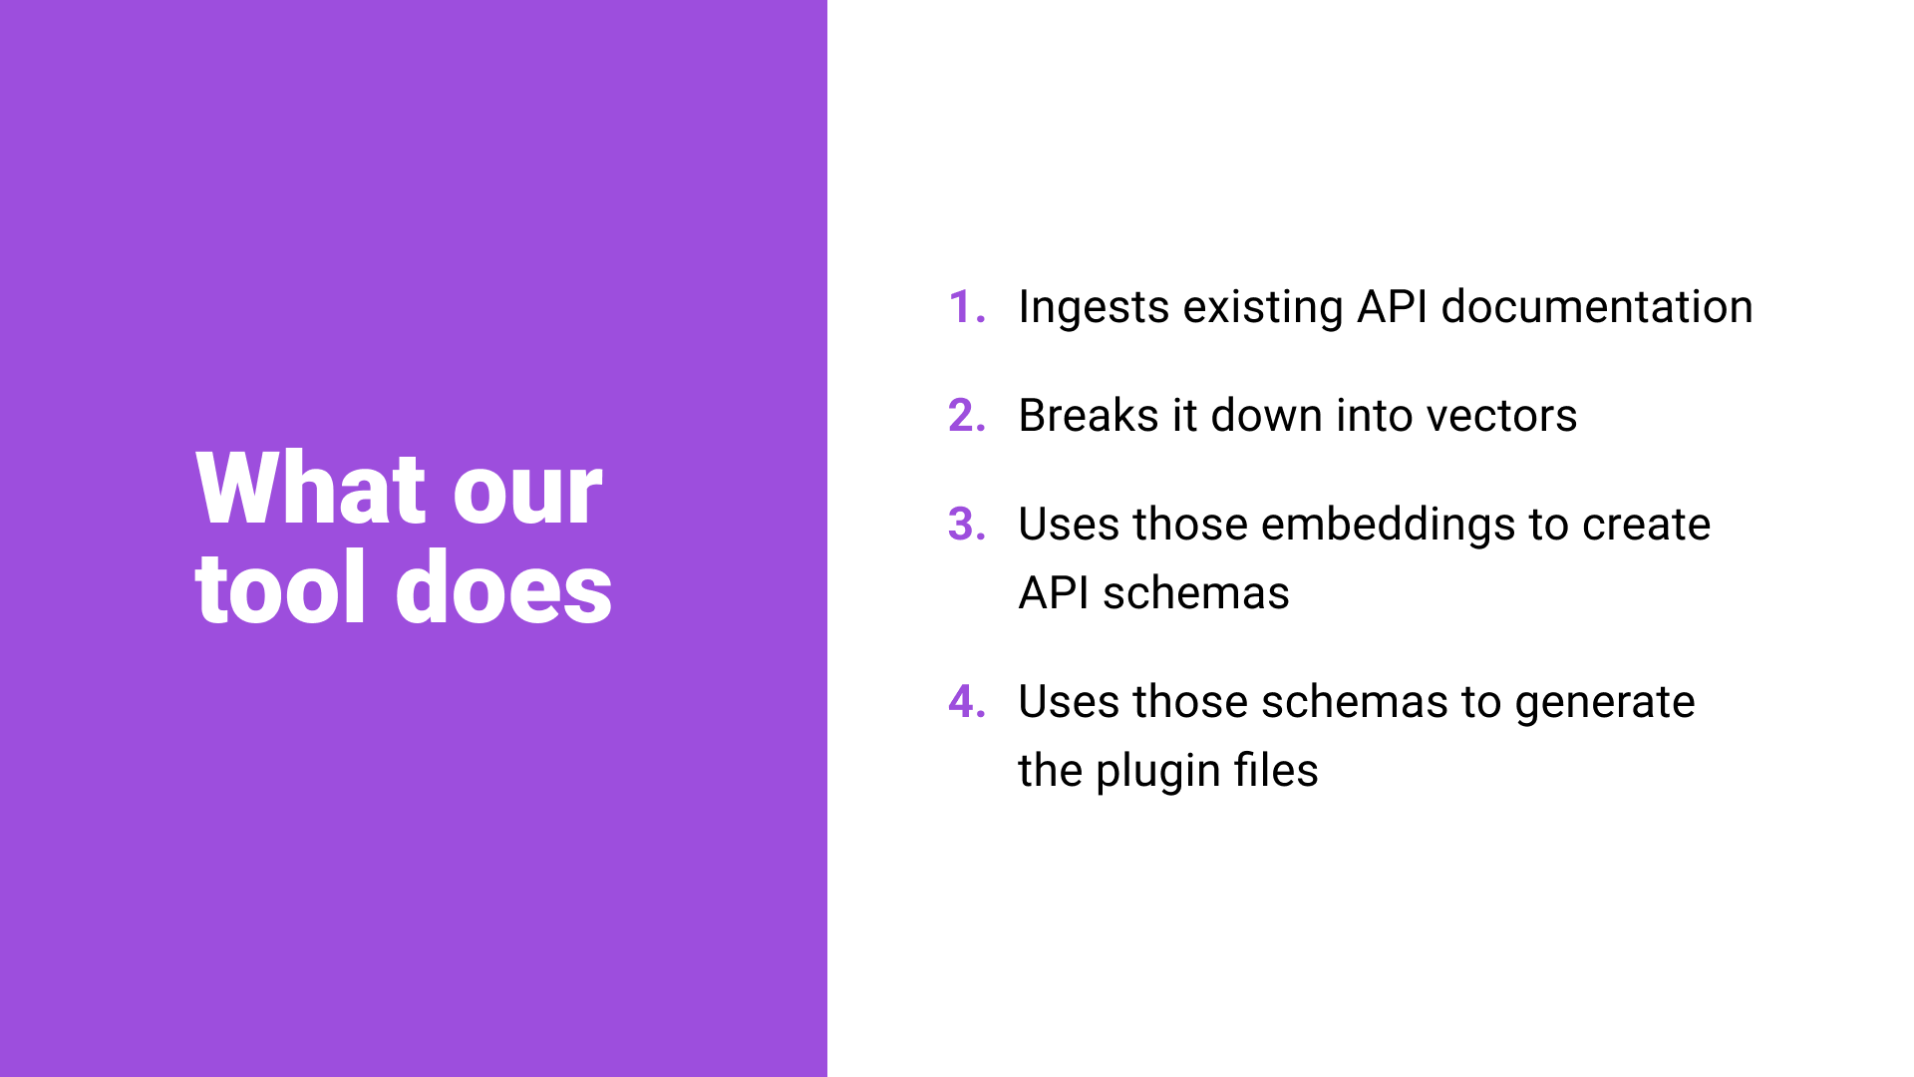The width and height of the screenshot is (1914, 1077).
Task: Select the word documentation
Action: (x=1597, y=306)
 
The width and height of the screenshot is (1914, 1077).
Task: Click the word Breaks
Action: (x=1089, y=415)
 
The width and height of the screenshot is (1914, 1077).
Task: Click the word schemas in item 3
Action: (x=1196, y=593)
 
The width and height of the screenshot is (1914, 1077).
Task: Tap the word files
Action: (x=1276, y=770)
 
